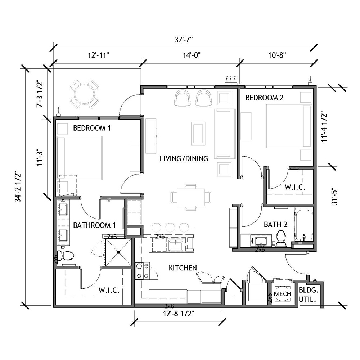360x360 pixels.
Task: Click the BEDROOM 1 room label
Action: pos(92,128)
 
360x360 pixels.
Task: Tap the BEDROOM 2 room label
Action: pos(264,98)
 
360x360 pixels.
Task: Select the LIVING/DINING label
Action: pos(184,158)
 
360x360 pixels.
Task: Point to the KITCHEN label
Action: pos(183,268)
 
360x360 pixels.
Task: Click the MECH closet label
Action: pos(282,294)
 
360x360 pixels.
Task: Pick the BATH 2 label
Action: pos(275,224)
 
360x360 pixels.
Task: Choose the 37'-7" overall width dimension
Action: pos(184,40)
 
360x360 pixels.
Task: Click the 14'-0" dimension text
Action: pos(192,55)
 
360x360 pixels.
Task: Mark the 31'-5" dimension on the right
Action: pos(334,197)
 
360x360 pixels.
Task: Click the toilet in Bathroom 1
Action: pos(65,256)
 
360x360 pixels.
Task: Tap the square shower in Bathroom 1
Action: pos(118,252)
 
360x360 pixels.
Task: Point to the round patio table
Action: pos(85,94)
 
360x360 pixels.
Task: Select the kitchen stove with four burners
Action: pos(142,271)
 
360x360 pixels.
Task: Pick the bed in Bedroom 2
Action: pos(289,126)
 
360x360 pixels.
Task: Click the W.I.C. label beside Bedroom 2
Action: pos(295,187)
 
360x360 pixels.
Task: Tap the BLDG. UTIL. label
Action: pos(309,294)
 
